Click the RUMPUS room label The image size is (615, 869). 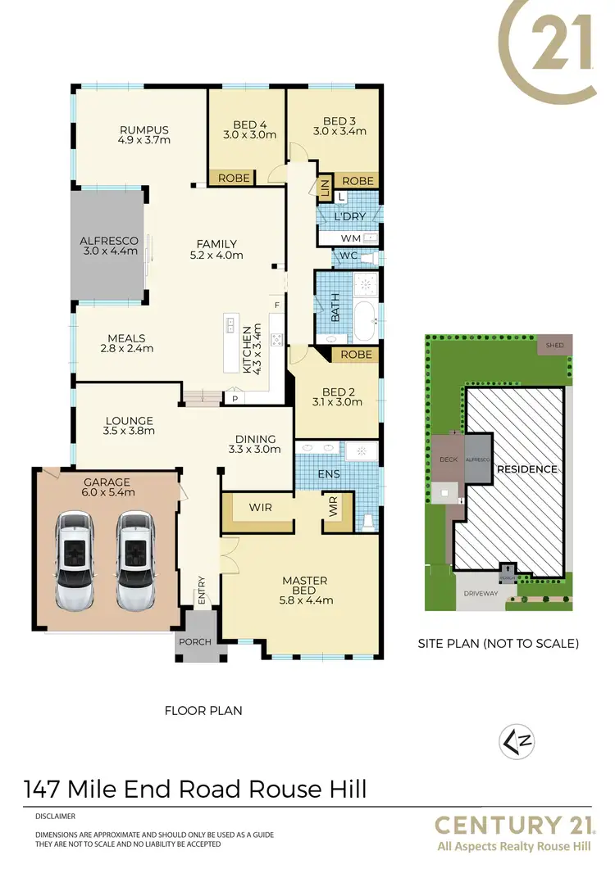tap(143, 129)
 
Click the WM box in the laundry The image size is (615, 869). tap(350, 238)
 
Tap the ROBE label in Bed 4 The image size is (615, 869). tap(234, 178)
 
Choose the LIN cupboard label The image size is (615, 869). tap(325, 187)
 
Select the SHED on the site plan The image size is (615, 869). tap(555, 346)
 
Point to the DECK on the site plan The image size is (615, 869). tap(448, 460)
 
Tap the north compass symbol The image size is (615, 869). tap(512, 741)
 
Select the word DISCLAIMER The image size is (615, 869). tap(56, 817)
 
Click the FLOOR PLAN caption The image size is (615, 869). tap(203, 710)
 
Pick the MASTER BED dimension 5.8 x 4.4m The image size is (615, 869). tap(304, 600)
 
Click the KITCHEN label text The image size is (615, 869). tap(247, 351)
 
